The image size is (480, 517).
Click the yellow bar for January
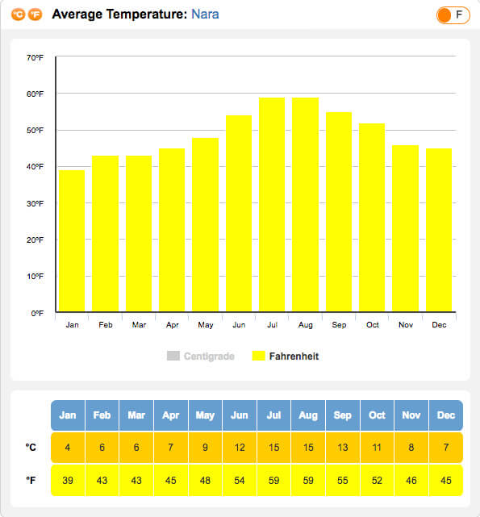pyautogui.click(x=72, y=240)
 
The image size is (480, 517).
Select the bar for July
pyautogui.click(x=272, y=204)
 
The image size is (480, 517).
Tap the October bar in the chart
pyautogui.click(x=372, y=217)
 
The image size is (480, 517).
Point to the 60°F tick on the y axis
pyautogui.click(x=35, y=94)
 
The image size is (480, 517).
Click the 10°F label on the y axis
pyautogui.click(x=35, y=277)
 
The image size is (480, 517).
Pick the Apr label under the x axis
pyautogui.click(x=172, y=325)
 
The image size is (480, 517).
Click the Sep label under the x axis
pyautogui.click(x=339, y=325)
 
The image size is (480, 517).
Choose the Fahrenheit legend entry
pyautogui.click(x=286, y=356)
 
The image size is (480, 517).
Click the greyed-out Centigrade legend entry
pyautogui.click(x=201, y=356)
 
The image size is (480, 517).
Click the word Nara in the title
pyautogui.click(x=205, y=15)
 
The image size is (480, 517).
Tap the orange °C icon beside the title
pyautogui.click(x=18, y=15)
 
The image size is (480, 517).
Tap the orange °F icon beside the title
pyautogui.click(x=35, y=15)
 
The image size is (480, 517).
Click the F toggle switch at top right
pyautogui.click(x=453, y=15)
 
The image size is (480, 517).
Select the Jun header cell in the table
pyautogui.click(x=240, y=415)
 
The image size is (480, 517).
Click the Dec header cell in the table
pyautogui.click(x=445, y=415)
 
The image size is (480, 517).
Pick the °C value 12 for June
pyautogui.click(x=240, y=448)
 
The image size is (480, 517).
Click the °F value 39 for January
pyautogui.click(x=68, y=480)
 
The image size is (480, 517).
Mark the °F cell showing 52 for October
pyautogui.click(x=377, y=480)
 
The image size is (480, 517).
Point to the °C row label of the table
pyautogui.click(x=31, y=448)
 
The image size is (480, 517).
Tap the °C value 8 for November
pyautogui.click(x=411, y=448)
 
